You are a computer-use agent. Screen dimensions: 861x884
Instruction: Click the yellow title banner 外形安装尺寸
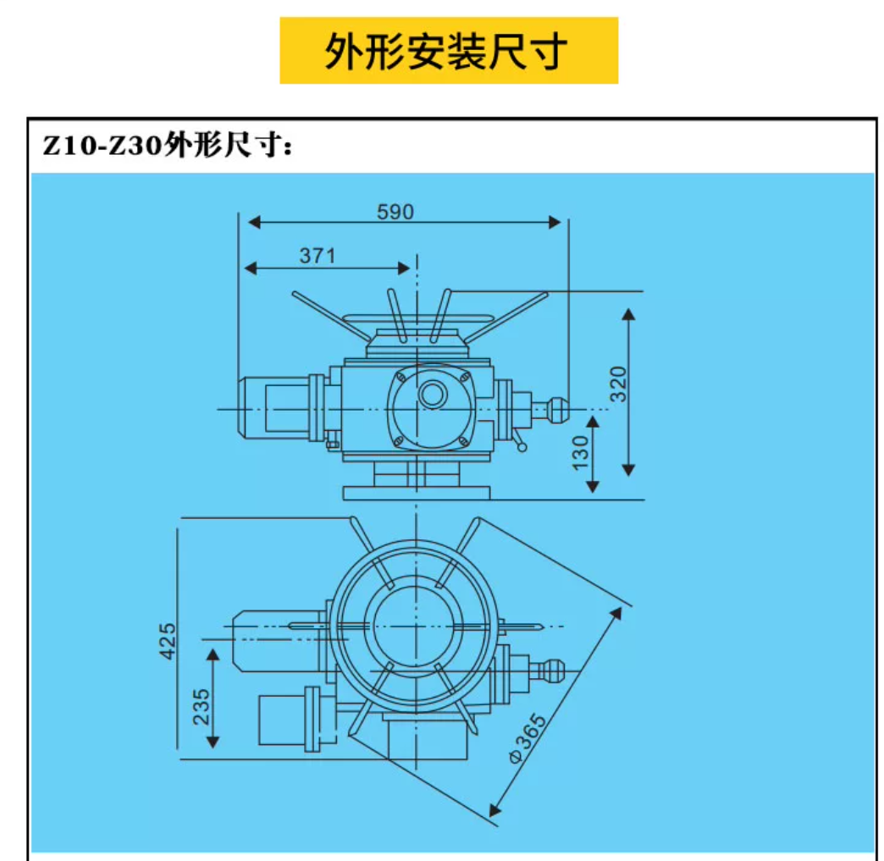point(449,51)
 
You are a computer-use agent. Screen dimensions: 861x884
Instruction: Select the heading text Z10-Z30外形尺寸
point(169,145)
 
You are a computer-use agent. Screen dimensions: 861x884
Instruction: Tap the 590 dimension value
point(395,212)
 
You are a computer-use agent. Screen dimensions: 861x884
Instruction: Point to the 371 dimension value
point(318,255)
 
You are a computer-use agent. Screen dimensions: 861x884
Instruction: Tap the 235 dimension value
point(201,705)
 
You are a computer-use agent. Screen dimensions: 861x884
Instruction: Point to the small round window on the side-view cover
point(433,394)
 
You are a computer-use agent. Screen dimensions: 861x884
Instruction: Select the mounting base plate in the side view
point(416,492)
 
